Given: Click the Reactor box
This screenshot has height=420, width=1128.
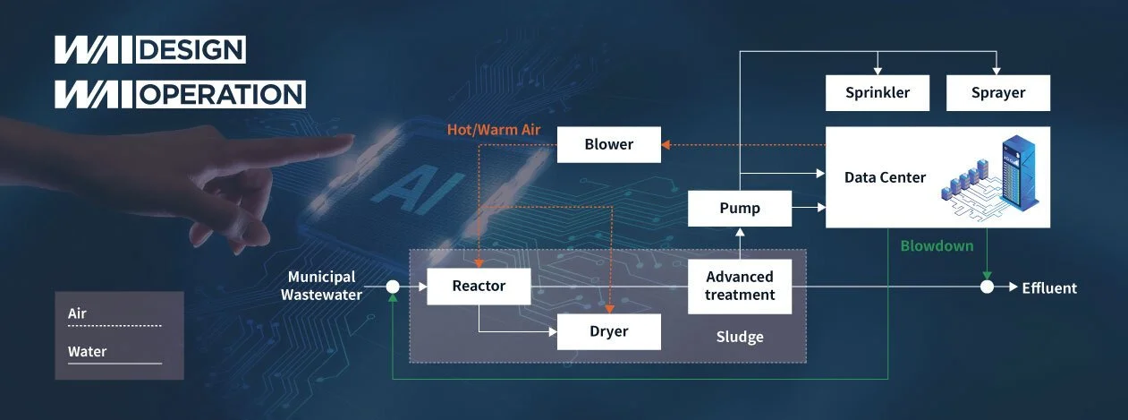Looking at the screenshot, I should (479, 287).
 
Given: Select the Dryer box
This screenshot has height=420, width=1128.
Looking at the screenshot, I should (608, 331).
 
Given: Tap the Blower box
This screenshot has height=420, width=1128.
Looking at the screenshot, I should (608, 144).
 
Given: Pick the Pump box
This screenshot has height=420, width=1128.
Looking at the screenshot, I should (740, 209).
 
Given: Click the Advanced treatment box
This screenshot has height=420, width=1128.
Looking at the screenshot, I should (740, 287).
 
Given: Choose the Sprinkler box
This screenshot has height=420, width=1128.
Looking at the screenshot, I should (878, 92).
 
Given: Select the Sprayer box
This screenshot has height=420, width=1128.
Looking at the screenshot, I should (997, 92).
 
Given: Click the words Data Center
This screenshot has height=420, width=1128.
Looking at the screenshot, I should (885, 177).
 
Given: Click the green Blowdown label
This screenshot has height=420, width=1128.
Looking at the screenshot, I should (937, 245).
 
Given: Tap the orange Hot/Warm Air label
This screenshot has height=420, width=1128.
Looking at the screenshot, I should (495, 130).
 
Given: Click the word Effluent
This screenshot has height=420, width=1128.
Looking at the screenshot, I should (1049, 288).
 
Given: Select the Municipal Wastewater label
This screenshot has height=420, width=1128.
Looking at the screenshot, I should (322, 286).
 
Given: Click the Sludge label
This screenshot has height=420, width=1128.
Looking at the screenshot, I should (740, 338).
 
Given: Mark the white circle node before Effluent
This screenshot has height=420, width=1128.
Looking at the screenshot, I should (987, 287).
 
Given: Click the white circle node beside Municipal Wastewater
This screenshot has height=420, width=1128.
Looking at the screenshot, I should (392, 287).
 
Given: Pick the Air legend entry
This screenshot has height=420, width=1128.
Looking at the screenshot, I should (78, 314).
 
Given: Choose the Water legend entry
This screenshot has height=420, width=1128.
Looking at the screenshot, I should (87, 352).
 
